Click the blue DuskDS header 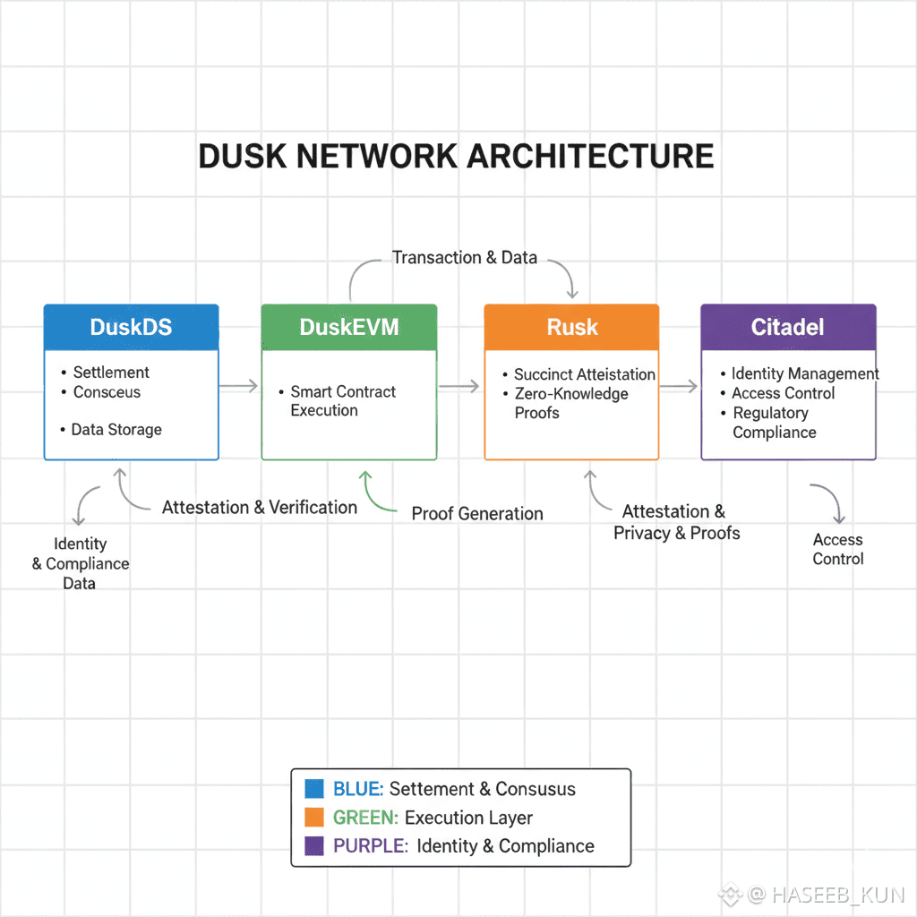click(x=131, y=327)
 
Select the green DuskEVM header click(x=349, y=327)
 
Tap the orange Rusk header click(x=571, y=327)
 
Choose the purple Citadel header click(x=788, y=327)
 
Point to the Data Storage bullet click(x=116, y=430)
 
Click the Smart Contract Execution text click(x=343, y=401)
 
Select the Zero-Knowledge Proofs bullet click(x=571, y=403)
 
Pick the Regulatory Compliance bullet click(x=774, y=423)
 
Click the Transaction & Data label click(x=465, y=258)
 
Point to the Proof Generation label click(x=477, y=514)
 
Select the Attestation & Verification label click(x=260, y=508)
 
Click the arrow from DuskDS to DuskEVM click(x=239, y=386)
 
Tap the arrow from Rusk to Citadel click(x=680, y=386)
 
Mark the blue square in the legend click(x=313, y=789)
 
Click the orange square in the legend click(x=313, y=818)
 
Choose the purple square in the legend click(x=313, y=846)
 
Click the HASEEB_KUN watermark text click(x=837, y=895)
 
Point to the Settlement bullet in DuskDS click(x=111, y=373)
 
